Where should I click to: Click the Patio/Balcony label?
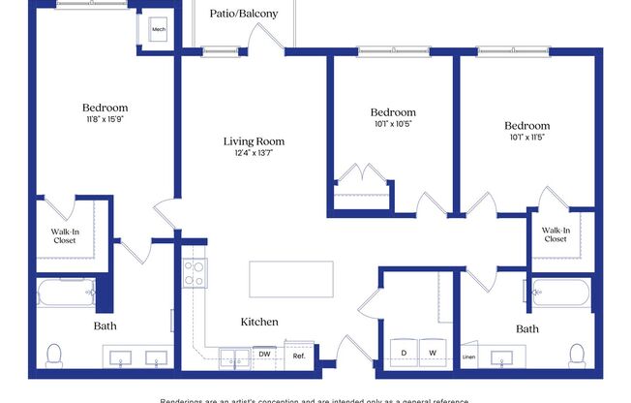pyautogui.click(x=244, y=14)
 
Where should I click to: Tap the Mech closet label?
pyautogui.click(x=159, y=30)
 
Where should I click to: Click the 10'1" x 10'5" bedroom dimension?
pyautogui.click(x=393, y=124)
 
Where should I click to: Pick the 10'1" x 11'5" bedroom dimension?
pyautogui.click(x=526, y=138)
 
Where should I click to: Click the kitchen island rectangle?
pyautogui.click(x=291, y=279)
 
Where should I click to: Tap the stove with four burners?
pyautogui.click(x=195, y=272)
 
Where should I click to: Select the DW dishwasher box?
pyautogui.click(x=265, y=355)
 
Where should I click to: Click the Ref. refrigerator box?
pyautogui.click(x=299, y=356)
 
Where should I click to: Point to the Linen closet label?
pyautogui.click(x=469, y=357)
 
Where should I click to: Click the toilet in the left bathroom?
pyautogui.click(x=55, y=354)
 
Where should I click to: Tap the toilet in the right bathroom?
pyautogui.click(x=578, y=354)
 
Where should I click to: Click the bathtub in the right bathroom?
pyautogui.click(x=560, y=292)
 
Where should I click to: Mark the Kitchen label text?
pyautogui.click(x=259, y=322)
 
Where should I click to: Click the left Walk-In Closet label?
pyautogui.click(x=66, y=235)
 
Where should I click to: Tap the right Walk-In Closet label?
pyautogui.click(x=555, y=234)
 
